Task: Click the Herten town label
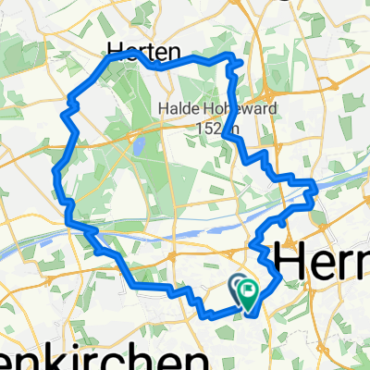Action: (x=136, y=48)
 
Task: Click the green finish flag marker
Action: (x=248, y=291)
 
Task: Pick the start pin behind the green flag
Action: (x=237, y=288)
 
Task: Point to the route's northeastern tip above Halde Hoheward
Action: (x=240, y=62)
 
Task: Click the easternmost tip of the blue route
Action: (x=316, y=188)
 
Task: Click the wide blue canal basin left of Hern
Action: (x=222, y=226)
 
